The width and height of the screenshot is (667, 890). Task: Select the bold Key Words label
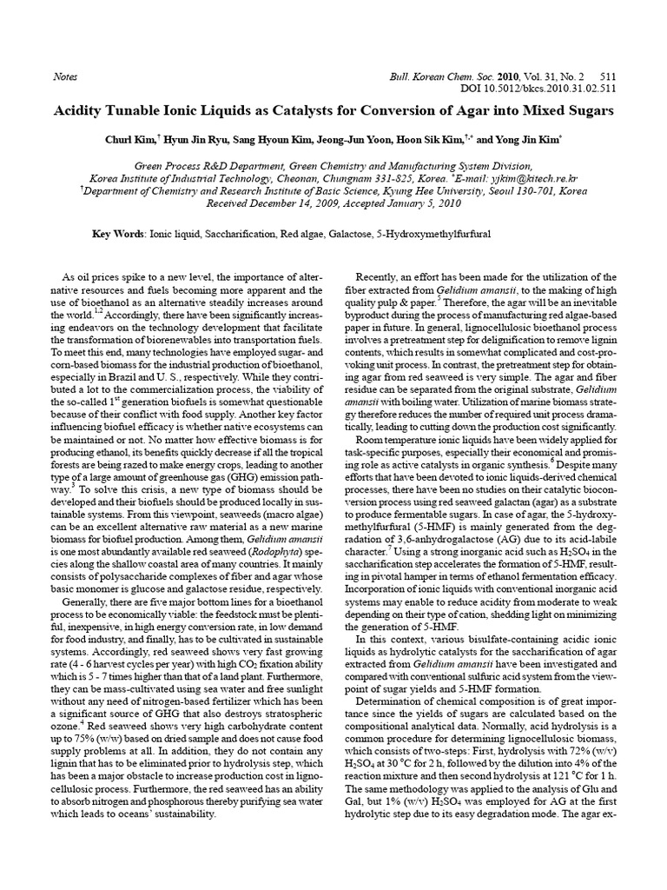tap(119, 235)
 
